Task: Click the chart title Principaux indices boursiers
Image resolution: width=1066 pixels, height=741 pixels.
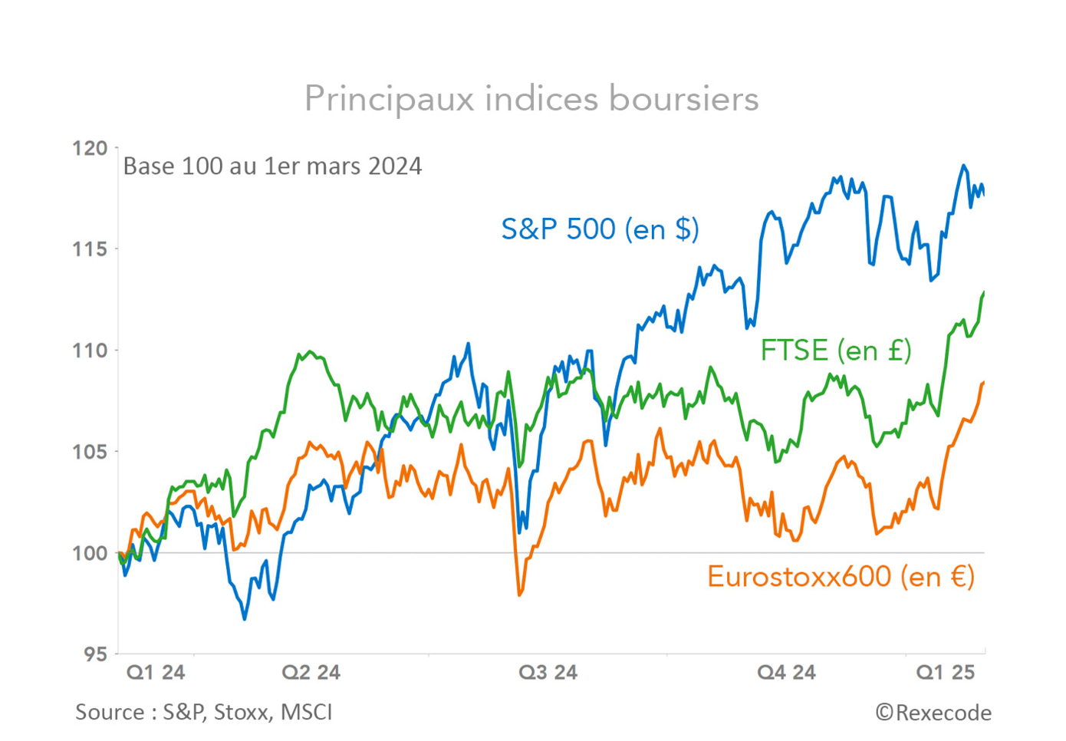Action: tap(531, 99)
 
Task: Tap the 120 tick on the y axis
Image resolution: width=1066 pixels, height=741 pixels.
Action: tap(90, 148)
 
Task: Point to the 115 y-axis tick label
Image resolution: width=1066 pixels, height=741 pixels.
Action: tap(90, 249)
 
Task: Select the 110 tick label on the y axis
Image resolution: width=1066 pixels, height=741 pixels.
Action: tap(90, 351)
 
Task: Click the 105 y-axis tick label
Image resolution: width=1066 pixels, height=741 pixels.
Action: tap(90, 452)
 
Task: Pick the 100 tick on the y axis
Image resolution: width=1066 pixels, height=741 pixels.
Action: tap(90, 553)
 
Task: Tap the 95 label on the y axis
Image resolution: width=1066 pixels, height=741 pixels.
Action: tap(95, 654)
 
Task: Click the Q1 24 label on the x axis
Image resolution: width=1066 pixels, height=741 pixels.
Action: tap(156, 673)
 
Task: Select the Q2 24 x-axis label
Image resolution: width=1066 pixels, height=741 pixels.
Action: tap(311, 673)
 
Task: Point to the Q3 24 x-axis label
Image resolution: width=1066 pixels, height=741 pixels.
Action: tap(548, 673)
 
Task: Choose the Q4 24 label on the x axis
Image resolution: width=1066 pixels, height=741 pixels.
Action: tap(786, 673)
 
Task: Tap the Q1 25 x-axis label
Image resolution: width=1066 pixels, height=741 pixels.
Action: tap(946, 673)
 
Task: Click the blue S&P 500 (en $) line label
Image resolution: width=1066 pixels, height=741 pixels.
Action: tap(600, 229)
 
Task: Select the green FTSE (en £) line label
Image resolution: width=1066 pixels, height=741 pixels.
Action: tap(835, 351)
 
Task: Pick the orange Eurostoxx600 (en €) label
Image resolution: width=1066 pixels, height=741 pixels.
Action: tap(841, 576)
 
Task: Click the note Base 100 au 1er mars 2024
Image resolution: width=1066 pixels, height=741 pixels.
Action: tap(272, 166)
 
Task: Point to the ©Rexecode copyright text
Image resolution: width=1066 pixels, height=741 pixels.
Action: tap(933, 713)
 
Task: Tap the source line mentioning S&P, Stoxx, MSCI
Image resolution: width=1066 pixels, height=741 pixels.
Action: tap(204, 713)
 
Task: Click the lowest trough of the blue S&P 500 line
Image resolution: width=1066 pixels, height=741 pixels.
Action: tap(245, 618)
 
